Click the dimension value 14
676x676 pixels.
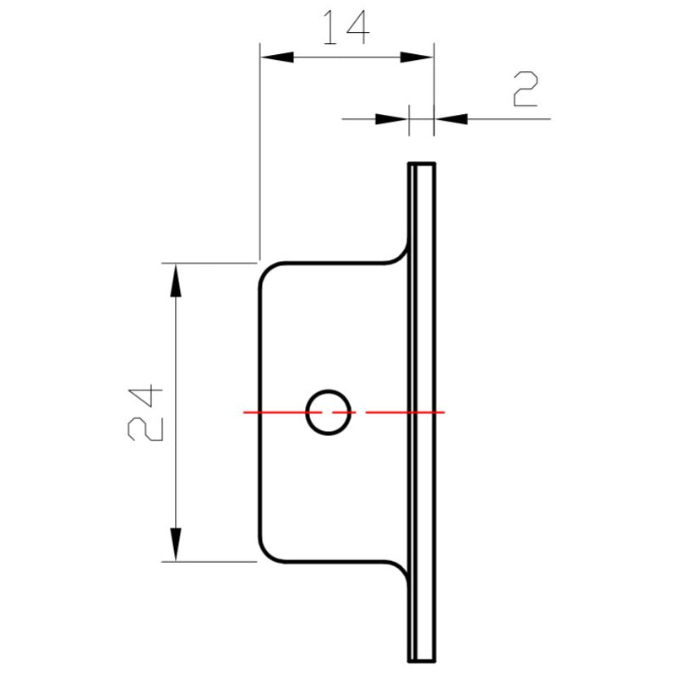click(x=345, y=28)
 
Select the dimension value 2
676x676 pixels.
click(x=525, y=90)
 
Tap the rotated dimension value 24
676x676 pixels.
click(x=144, y=412)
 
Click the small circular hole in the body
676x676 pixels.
click(x=328, y=412)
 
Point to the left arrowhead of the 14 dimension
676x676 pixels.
click(x=275, y=57)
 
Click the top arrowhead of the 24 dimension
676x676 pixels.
click(x=176, y=279)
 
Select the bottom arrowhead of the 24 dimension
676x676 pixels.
click(x=176, y=544)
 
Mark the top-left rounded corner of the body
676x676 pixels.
click(x=266, y=270)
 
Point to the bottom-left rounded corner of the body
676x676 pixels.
click(x=266, y=553)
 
